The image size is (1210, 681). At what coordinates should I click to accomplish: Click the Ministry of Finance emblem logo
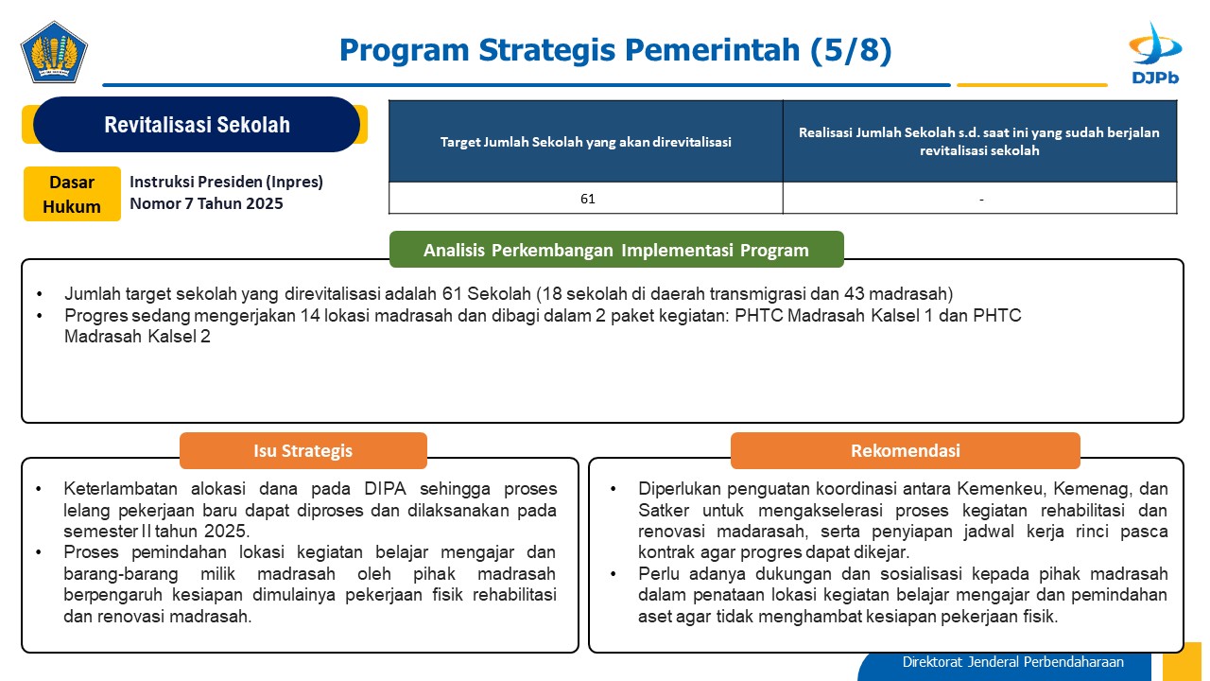[54, 52]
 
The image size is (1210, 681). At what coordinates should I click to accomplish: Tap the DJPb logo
[1155, 53]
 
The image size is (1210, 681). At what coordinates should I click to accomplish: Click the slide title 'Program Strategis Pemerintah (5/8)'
[615, 50]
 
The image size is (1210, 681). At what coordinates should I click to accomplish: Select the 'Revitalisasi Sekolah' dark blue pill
[197, 124]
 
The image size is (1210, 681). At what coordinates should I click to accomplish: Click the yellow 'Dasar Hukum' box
[72, 194]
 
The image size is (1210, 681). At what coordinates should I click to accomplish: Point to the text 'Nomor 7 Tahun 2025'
[206, 203]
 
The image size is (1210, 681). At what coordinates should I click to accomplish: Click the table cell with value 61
[586, 199]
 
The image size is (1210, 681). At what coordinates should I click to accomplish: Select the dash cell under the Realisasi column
[980, 199]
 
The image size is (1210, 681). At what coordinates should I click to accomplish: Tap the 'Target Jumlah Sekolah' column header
[586, 142]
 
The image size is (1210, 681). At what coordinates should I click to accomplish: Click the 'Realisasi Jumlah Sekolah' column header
[980, 142]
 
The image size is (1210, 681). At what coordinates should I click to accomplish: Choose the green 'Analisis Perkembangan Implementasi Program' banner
[616, 250]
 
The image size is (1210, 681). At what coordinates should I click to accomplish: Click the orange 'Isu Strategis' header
[303, 450]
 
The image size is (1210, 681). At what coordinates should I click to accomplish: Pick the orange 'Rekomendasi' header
[906, 450]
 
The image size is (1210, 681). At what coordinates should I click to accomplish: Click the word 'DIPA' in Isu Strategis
[385, 489]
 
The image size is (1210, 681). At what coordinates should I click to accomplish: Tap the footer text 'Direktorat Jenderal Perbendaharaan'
[1012, 662]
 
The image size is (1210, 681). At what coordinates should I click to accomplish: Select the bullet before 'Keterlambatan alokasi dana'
[39, 489]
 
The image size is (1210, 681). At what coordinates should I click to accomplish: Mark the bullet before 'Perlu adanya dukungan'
[614, 574]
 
